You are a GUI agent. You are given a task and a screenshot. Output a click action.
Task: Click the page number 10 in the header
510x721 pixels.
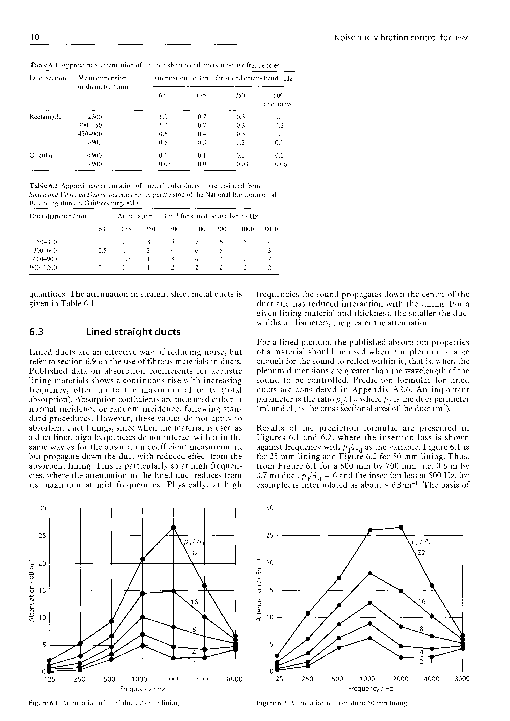pos(35,38)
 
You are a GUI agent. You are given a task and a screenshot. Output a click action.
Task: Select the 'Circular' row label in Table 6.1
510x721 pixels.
pos(41,155)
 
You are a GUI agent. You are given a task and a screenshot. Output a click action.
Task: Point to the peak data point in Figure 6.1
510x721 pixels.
pos(173,527)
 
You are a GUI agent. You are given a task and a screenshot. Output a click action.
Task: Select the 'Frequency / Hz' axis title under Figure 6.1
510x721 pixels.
pos(143,689)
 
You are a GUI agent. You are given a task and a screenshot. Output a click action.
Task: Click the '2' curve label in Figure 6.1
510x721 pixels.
pos(194,662)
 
